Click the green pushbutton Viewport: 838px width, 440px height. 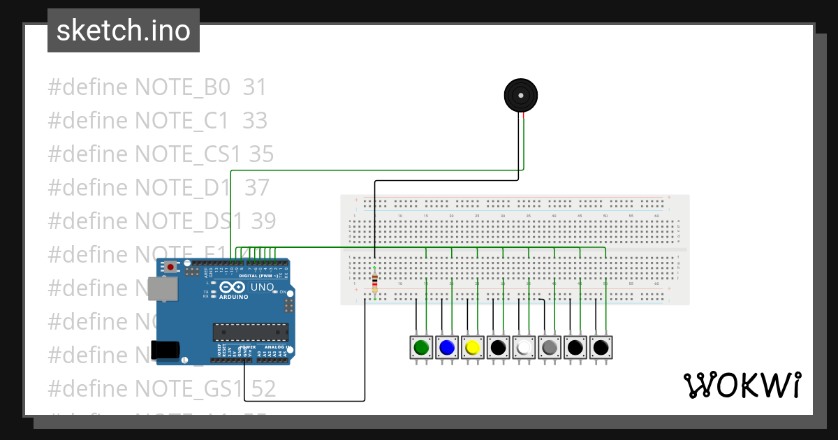point(421,347)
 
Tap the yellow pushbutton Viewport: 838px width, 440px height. point(473,347)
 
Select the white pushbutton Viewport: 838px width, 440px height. point(524,347)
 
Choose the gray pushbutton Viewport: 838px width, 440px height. point(550,347)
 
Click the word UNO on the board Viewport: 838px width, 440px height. point(262,287)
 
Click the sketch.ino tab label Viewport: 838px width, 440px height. point(124,31)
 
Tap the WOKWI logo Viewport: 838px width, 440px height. point(742,385)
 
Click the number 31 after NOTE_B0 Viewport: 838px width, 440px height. point(255,87)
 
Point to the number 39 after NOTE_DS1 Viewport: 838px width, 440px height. point(263,221)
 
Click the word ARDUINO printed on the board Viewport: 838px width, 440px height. point(234,297)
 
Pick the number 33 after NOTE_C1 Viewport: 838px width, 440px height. point(255,121)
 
